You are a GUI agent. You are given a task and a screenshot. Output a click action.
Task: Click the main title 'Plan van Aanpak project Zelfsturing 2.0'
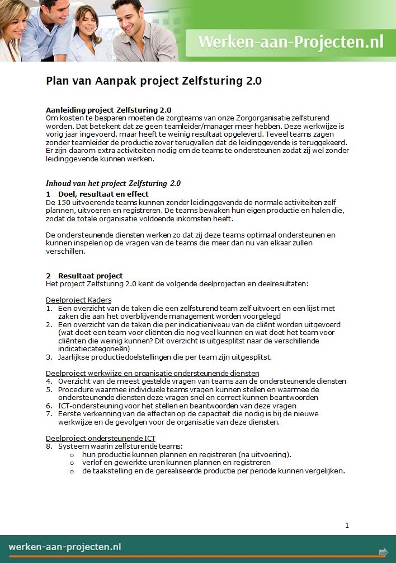[x=153, y=81]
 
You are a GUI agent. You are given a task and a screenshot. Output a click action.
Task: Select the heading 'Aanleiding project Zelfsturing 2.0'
[x=109, y=110]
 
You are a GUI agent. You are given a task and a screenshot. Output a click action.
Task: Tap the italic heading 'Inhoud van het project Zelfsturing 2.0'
[x=113, y=183]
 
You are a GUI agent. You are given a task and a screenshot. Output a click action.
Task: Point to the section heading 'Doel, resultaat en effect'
[x=103, y=194]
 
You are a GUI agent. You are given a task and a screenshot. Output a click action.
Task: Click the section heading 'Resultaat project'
[x=90, y=276]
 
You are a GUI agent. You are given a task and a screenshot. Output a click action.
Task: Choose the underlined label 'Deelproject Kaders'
[x=78, y=300]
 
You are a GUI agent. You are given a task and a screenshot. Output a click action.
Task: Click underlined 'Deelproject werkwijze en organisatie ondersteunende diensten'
[x=152, y=373]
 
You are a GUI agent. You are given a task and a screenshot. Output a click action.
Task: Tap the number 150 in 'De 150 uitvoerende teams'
[x=65, y=202]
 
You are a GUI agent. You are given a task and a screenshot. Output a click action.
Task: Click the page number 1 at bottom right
[x=347, y=525]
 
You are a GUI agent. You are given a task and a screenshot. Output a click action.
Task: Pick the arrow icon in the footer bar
[x=383, y=552]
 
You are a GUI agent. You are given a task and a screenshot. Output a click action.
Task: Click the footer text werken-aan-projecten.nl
[x=65, y=547]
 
